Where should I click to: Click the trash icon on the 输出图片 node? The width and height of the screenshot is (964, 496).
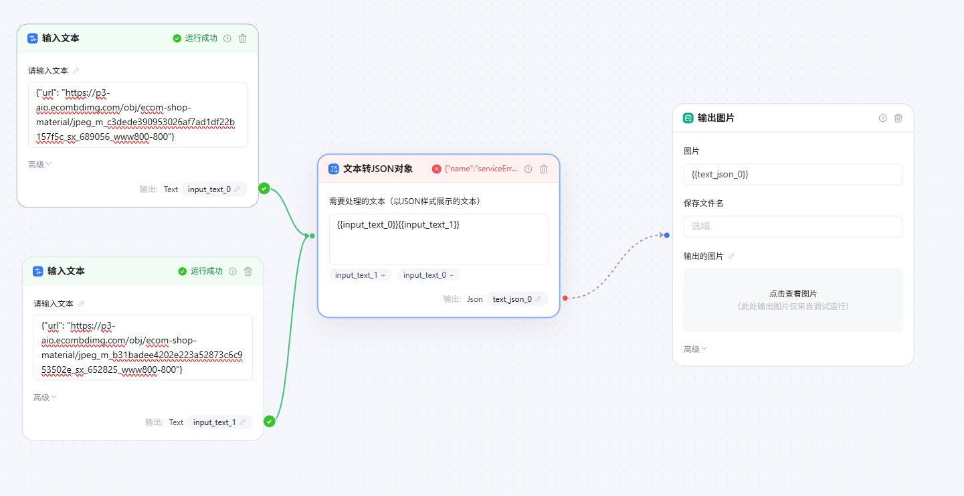tap(898, 118)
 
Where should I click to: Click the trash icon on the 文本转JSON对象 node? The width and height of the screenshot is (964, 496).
tap(544, 169)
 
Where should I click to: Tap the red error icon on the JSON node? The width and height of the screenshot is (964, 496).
tap(437, 169)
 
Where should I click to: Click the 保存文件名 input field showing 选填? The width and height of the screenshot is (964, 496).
tap(793, 226)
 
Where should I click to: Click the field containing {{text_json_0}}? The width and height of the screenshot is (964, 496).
tap(793, 174)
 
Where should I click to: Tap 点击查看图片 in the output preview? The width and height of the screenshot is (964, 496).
tap(793, 293)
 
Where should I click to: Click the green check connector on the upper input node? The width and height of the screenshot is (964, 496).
tap(264, 189)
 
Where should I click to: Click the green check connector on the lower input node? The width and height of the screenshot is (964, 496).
tap(270, 421)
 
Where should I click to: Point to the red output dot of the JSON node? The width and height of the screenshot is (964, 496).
tap(565, 298)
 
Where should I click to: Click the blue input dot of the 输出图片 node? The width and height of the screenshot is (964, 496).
tap(667, 235)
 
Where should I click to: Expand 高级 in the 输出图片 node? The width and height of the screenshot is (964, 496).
tap(695, 349)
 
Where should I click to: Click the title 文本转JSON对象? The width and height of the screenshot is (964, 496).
tap(377, 169)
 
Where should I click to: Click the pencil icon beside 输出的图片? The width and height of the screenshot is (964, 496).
tap(732, 256)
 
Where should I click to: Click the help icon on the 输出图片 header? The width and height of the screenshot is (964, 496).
tap(882, 118)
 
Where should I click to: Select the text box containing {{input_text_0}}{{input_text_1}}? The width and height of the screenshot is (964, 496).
tap(438, 239)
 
